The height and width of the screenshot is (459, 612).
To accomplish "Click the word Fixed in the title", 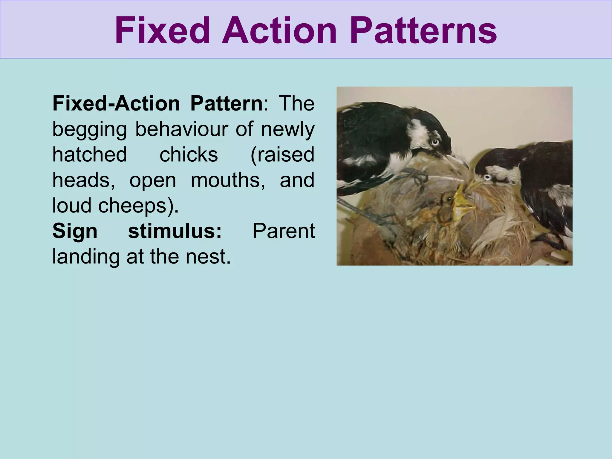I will [162, 31].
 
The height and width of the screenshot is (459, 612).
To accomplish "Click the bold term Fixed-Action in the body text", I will [116, 104].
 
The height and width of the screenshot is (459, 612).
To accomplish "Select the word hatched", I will [90, 154].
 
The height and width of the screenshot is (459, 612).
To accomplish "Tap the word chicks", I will [189, 154].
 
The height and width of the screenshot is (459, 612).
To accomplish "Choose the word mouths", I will [228, 180].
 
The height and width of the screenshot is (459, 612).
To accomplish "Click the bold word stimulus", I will [175, 231].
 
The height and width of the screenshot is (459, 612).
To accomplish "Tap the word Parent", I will [284, 231].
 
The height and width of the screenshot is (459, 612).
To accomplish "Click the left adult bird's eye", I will [435, 142].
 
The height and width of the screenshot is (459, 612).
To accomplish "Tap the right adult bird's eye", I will [487, 178].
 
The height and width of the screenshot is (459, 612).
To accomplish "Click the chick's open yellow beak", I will [462, 203].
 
